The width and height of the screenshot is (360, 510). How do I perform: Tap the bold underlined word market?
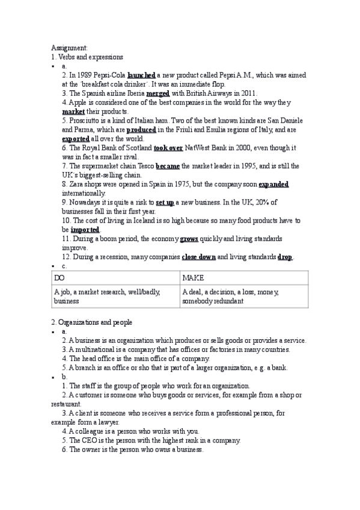73,111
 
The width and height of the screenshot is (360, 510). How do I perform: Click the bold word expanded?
273,183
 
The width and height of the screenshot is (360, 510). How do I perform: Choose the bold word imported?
85,229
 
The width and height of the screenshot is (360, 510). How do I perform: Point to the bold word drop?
285,257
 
